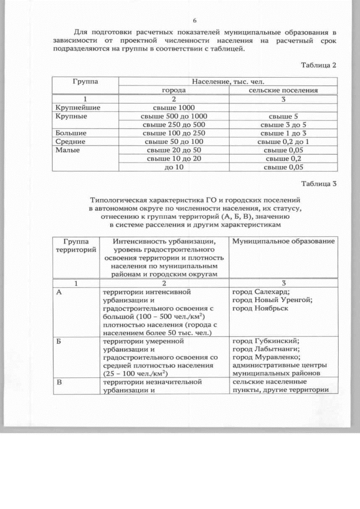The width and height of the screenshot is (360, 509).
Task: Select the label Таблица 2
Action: (318, 65)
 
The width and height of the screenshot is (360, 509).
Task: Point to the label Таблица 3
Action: (318, 184)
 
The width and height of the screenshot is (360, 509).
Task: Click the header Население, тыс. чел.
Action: (227, 82)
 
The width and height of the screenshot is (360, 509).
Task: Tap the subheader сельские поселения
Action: (283, 90)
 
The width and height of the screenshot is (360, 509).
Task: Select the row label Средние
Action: (70, 142)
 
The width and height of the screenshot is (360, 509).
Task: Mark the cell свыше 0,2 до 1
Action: (283, 142)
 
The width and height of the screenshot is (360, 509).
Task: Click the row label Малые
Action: (67, 150)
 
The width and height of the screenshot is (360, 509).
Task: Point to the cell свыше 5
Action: (283, 116)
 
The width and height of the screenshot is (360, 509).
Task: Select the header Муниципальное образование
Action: (283, 241)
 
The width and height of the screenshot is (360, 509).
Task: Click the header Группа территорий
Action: (75, 245)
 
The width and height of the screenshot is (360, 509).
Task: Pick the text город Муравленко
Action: (266, 357)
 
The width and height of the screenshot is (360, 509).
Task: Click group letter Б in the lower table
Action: (59, 341)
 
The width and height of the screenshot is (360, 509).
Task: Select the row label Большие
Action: (71, 133)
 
